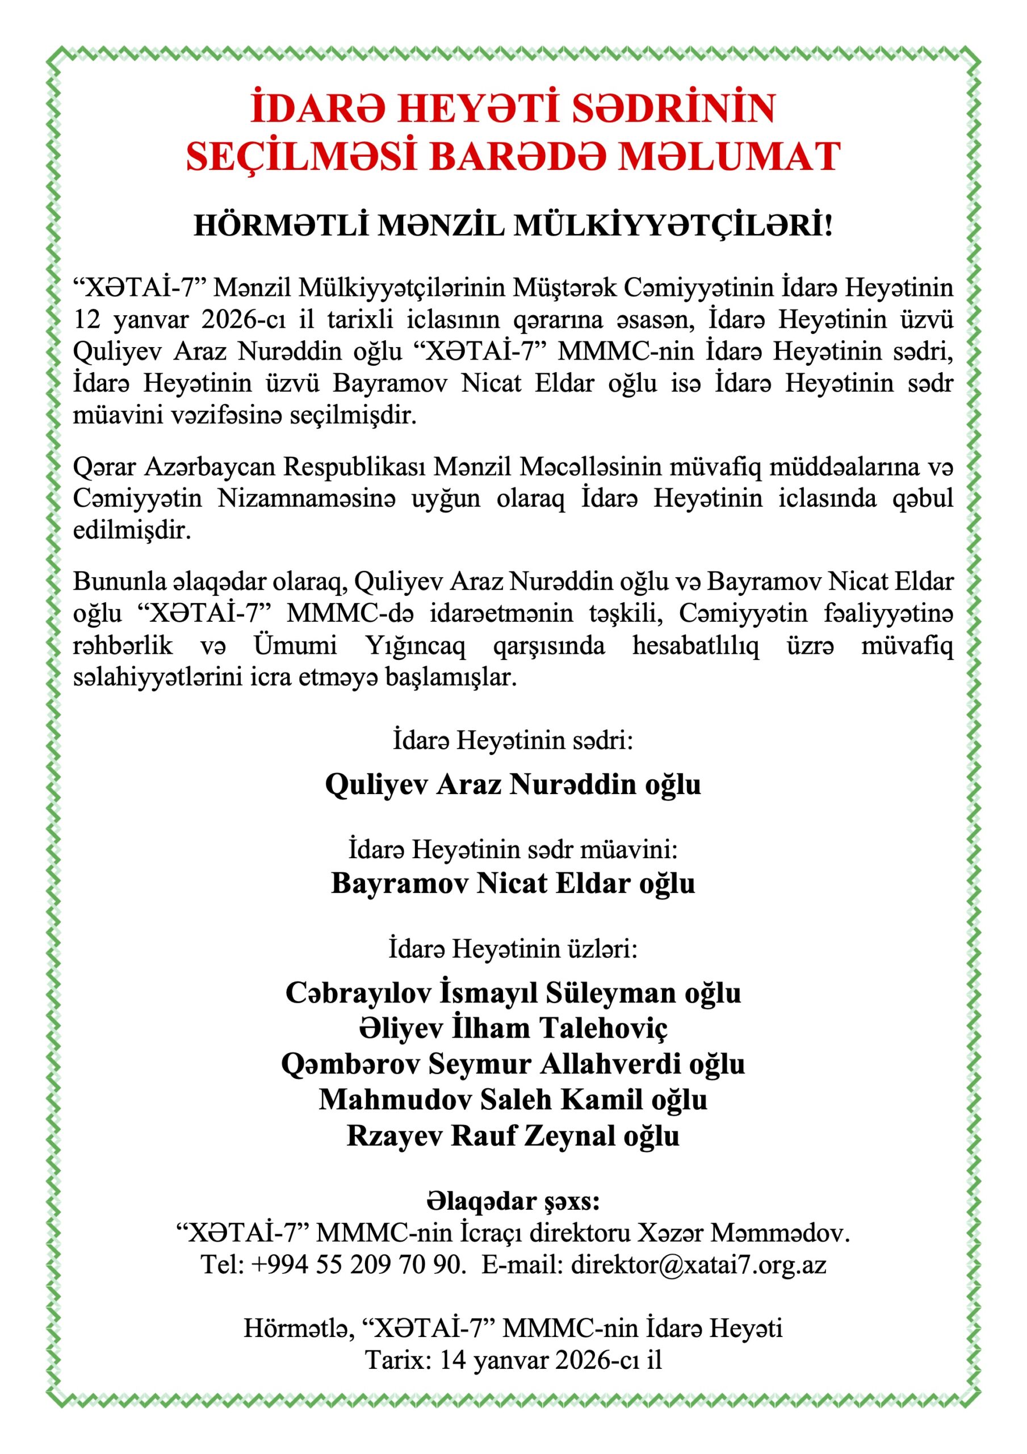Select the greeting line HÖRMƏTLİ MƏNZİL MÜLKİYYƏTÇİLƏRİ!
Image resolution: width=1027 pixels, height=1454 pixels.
point(513,226)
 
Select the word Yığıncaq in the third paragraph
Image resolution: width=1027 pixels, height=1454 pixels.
point(415,645)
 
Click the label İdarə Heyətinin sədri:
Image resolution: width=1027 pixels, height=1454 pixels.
point(513,739)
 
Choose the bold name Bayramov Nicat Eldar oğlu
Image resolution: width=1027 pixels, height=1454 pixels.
point(513,883)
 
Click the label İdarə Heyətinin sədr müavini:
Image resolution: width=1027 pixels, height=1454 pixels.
point(513,849)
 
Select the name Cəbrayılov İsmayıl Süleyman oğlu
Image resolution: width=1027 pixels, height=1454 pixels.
point(513,992)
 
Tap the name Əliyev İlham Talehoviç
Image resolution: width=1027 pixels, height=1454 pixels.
point(513,1028)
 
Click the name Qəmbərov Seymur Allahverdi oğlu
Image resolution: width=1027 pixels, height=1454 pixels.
point(513,1063)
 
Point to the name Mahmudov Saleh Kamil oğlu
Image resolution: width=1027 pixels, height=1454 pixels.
point(513,1100)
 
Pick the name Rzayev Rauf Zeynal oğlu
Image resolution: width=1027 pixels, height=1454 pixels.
point(513,1135)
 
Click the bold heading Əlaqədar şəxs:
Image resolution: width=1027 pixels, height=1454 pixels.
point(513,1201)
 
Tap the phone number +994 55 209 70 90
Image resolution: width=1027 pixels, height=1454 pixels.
point(358,1265)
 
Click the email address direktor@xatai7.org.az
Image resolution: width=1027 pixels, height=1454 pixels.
point(698,1265)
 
